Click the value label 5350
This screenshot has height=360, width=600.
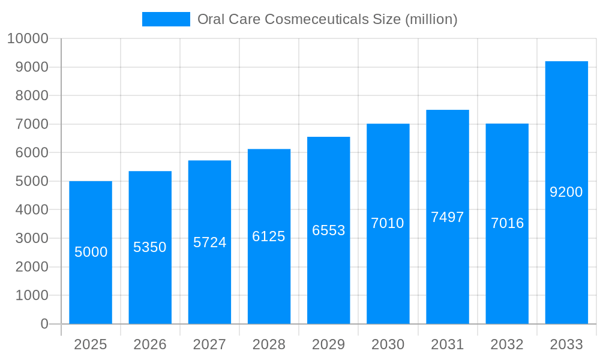tap(150, 247)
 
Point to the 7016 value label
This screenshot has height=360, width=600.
tap(507, 223)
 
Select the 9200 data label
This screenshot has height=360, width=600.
tap(566, 192)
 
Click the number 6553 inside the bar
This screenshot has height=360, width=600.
tap(328, 230)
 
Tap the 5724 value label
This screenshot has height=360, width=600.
tap(209, 242)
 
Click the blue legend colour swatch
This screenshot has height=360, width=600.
tap(166, 19)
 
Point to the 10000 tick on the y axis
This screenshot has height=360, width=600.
tap(27, 38)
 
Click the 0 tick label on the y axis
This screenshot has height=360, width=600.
tap(44, 324)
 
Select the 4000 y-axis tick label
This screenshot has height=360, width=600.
tap(31, 210)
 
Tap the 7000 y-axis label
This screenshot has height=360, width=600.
tap(31, 124)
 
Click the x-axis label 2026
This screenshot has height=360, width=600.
tap(150, 344)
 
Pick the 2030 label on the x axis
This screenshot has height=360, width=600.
tap(388, 344)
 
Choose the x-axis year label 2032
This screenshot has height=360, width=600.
tap(507, 344)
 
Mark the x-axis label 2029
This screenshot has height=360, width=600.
tap(328, 344)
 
